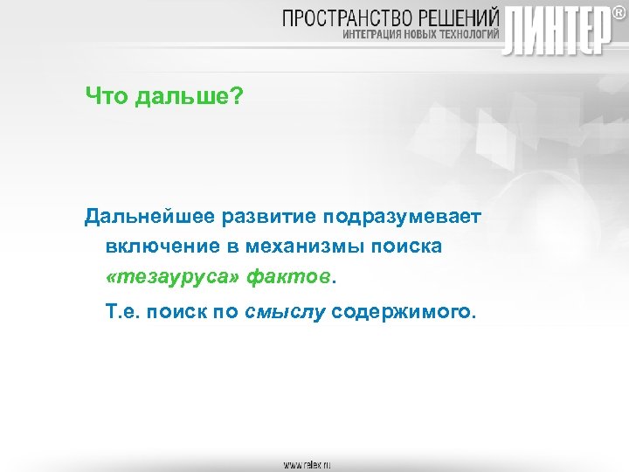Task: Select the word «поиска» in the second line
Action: coord(407,246)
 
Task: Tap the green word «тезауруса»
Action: coord(174,278)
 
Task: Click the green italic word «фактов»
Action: coord(289,278)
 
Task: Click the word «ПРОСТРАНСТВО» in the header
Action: coord(350,17)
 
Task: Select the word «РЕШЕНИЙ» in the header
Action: coord(460,17)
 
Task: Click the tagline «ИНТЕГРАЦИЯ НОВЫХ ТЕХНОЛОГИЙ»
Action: coord(419,36)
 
